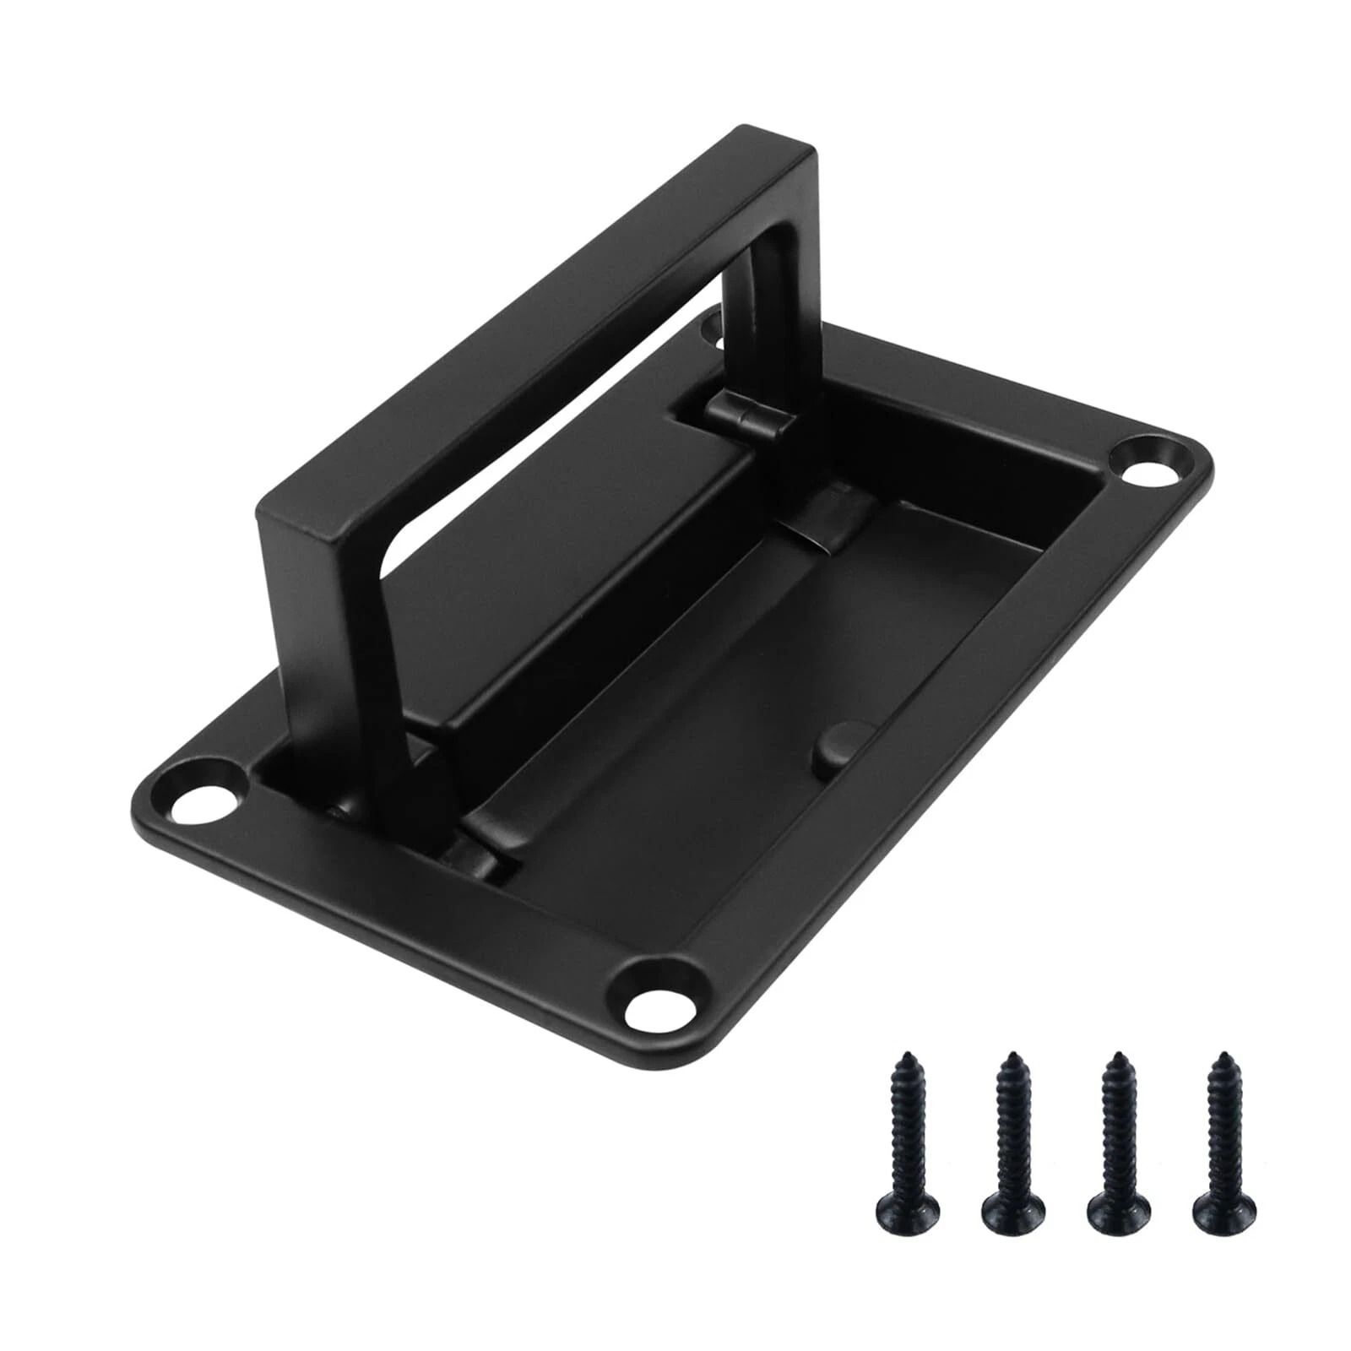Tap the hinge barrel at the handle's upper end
tap(743, 416)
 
